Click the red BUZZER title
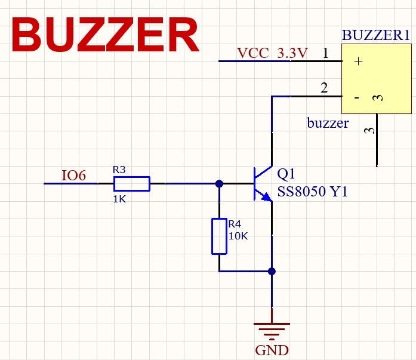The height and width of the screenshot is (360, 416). pos(104,35)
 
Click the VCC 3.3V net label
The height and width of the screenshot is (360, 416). pos(272,53)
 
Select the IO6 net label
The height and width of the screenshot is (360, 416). pos(74,176)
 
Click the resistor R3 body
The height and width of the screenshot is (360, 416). pos(131,184)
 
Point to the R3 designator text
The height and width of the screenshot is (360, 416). pos(120,170)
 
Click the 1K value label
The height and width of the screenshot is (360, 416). pos(119,199)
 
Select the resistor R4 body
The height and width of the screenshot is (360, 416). pos(219,236)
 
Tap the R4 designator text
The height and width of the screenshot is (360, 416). pos(235,224)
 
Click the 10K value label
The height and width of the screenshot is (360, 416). pos(238,236)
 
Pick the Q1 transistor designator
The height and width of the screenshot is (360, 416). pos(286,174)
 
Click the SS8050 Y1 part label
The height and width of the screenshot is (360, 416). pos(312,192)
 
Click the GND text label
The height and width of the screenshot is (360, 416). pos(272,350)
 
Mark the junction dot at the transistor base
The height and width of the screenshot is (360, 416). pos(219,184)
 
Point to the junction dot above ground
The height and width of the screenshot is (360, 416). pos(272,272)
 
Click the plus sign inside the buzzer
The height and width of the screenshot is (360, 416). pos(358,61)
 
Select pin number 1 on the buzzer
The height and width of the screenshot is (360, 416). pos(325,53)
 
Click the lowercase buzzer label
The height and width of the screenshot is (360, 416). pos(328,124)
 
